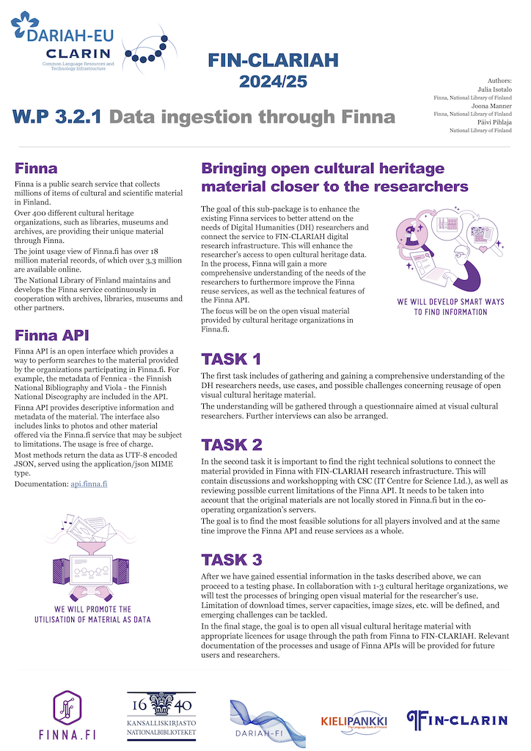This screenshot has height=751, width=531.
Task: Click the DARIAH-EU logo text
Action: [x=70, y=36]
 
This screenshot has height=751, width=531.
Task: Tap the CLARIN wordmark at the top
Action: [x=78, y=54]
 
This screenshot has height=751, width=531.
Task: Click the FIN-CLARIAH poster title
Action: [x=273, y=60]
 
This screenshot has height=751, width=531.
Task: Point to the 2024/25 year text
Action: [x=273, y=81]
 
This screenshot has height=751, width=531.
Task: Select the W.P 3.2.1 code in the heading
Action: [x=57, y=117]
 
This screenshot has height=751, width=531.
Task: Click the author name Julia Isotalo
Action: [x=494, y=89]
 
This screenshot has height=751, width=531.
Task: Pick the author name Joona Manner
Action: [x=491, y=106]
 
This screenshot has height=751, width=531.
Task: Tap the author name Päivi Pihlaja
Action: [x=494, y=122]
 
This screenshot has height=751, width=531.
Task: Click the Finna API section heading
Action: [x=52, y=335]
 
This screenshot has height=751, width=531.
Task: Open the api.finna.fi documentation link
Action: [x=89, y=484]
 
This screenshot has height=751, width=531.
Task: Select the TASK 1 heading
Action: [x=231, y=359]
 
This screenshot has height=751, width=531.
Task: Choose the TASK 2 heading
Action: [x=232, y=444]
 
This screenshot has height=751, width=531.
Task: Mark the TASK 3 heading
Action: [x=232, y=560]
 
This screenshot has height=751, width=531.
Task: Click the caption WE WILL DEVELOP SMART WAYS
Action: [x=450, y=301]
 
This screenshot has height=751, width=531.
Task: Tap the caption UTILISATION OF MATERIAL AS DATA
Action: [x=92, y=619]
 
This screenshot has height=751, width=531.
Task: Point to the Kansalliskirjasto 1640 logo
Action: [x=161, y=716]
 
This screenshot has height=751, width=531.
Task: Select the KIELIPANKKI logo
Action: [x=354, y=722]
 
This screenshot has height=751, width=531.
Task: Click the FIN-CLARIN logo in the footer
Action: [x=457, y=720]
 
